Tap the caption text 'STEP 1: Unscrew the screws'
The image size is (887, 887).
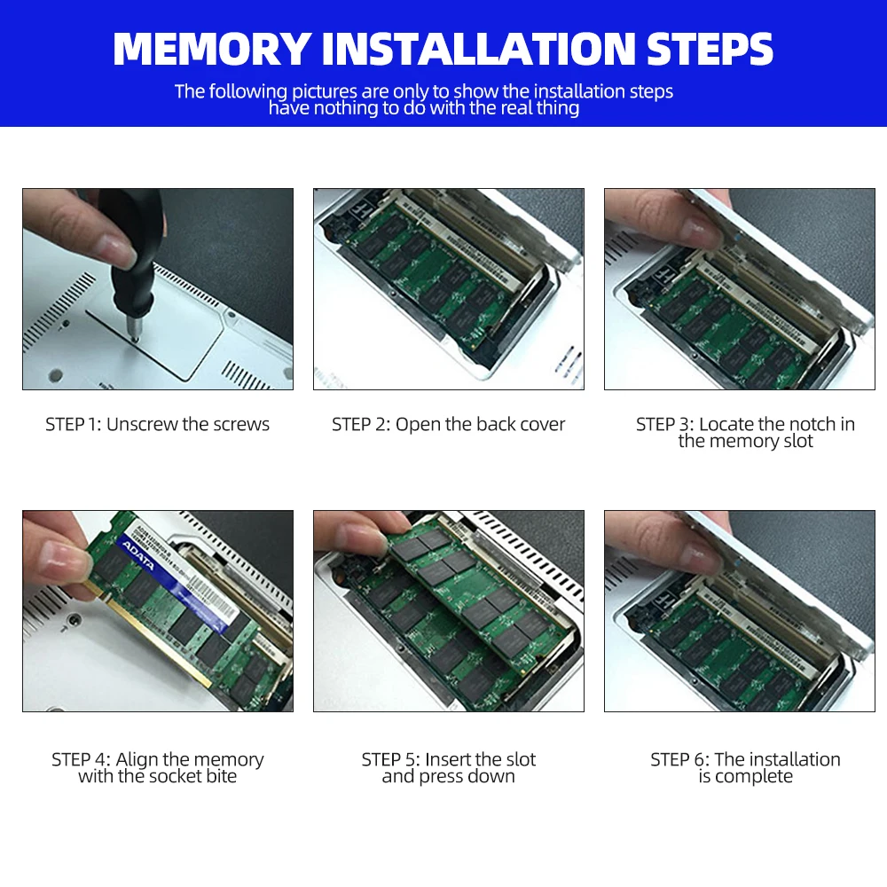(157, 424)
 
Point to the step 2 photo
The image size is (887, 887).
(448, 288)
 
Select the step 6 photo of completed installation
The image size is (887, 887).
(739, 610)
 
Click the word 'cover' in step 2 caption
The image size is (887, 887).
(541, 424)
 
